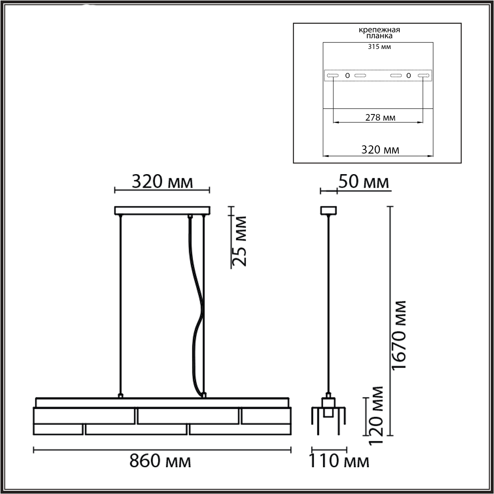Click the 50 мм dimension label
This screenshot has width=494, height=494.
(x=364, y=182)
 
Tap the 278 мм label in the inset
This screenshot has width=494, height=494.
(x=380, y=118)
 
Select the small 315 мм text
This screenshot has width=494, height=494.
(x=380, y=47)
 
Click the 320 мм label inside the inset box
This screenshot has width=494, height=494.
(x=380, y=150)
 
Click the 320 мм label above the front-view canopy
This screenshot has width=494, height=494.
(x=162, y=182)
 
